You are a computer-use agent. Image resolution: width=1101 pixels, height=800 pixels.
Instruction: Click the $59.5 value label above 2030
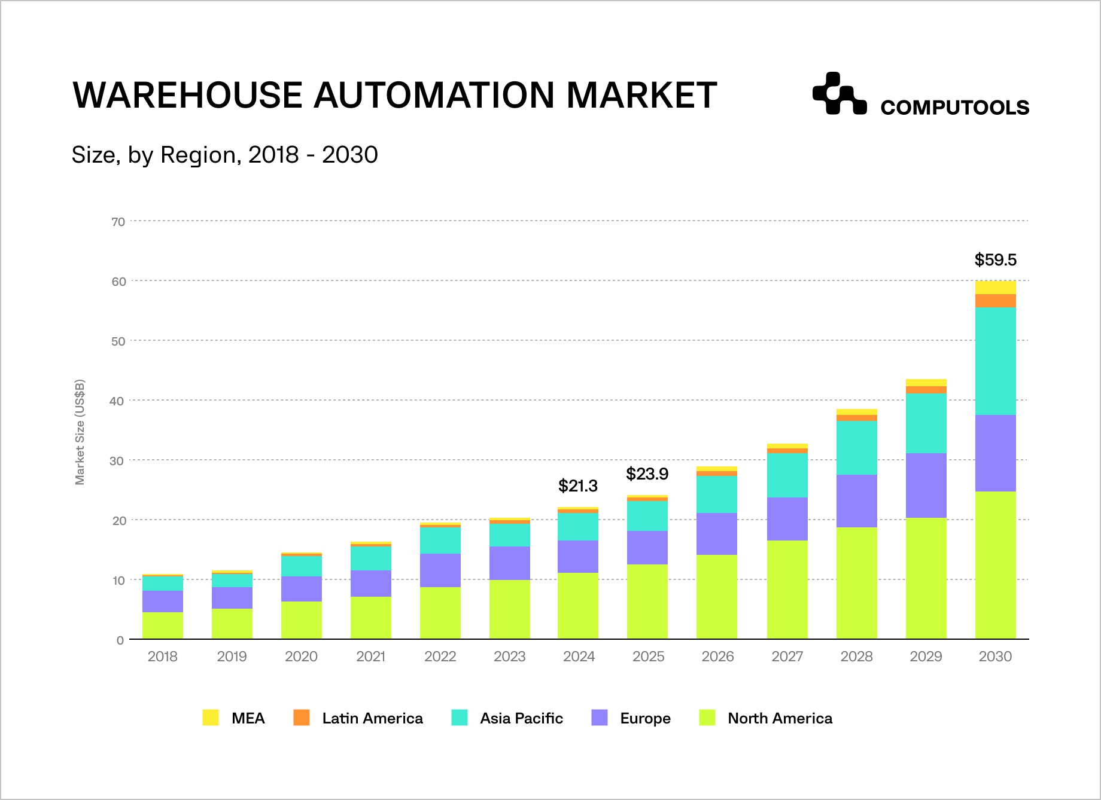pos(995,260)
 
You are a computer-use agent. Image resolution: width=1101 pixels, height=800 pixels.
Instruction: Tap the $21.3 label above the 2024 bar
pos(577,486)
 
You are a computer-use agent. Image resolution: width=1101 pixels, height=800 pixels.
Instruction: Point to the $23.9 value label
pos(647,474)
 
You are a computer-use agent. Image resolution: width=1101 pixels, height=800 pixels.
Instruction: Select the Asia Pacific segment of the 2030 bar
pos(995,361)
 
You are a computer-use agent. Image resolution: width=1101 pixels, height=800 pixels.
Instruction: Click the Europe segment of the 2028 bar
pos(856,501)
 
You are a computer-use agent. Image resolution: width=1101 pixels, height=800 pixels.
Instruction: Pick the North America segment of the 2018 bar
pos(163,625)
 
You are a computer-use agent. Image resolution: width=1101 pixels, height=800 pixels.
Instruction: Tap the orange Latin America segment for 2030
pos(995,301)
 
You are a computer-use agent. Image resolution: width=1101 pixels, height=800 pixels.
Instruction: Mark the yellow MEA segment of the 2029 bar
pos(926,383)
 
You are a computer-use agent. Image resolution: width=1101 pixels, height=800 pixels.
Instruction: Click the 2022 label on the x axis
pos(440,657)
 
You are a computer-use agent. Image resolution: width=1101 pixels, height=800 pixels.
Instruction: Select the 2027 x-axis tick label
pos(787,657)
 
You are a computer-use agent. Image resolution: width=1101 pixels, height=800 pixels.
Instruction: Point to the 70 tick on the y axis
pos(118,222)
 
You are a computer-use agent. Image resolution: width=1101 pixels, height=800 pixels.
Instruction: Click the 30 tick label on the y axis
pos(118,461)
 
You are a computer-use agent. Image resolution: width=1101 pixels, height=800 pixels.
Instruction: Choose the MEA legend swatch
pos(211,717)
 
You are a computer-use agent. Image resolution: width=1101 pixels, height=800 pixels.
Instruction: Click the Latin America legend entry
pos(372,718)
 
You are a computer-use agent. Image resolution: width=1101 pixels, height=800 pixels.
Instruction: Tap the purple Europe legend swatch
pos(600,717)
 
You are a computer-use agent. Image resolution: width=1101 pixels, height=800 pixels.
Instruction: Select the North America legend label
pos(779,718)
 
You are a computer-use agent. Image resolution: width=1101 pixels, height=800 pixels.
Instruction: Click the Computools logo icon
pos(839,94)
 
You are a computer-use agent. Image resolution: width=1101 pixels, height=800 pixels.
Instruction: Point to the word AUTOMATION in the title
pos(434,95)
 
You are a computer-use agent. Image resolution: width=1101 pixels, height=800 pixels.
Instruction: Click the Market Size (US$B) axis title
pos(80,432)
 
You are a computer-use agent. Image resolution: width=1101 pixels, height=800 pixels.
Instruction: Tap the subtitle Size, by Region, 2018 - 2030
pos(224,155)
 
